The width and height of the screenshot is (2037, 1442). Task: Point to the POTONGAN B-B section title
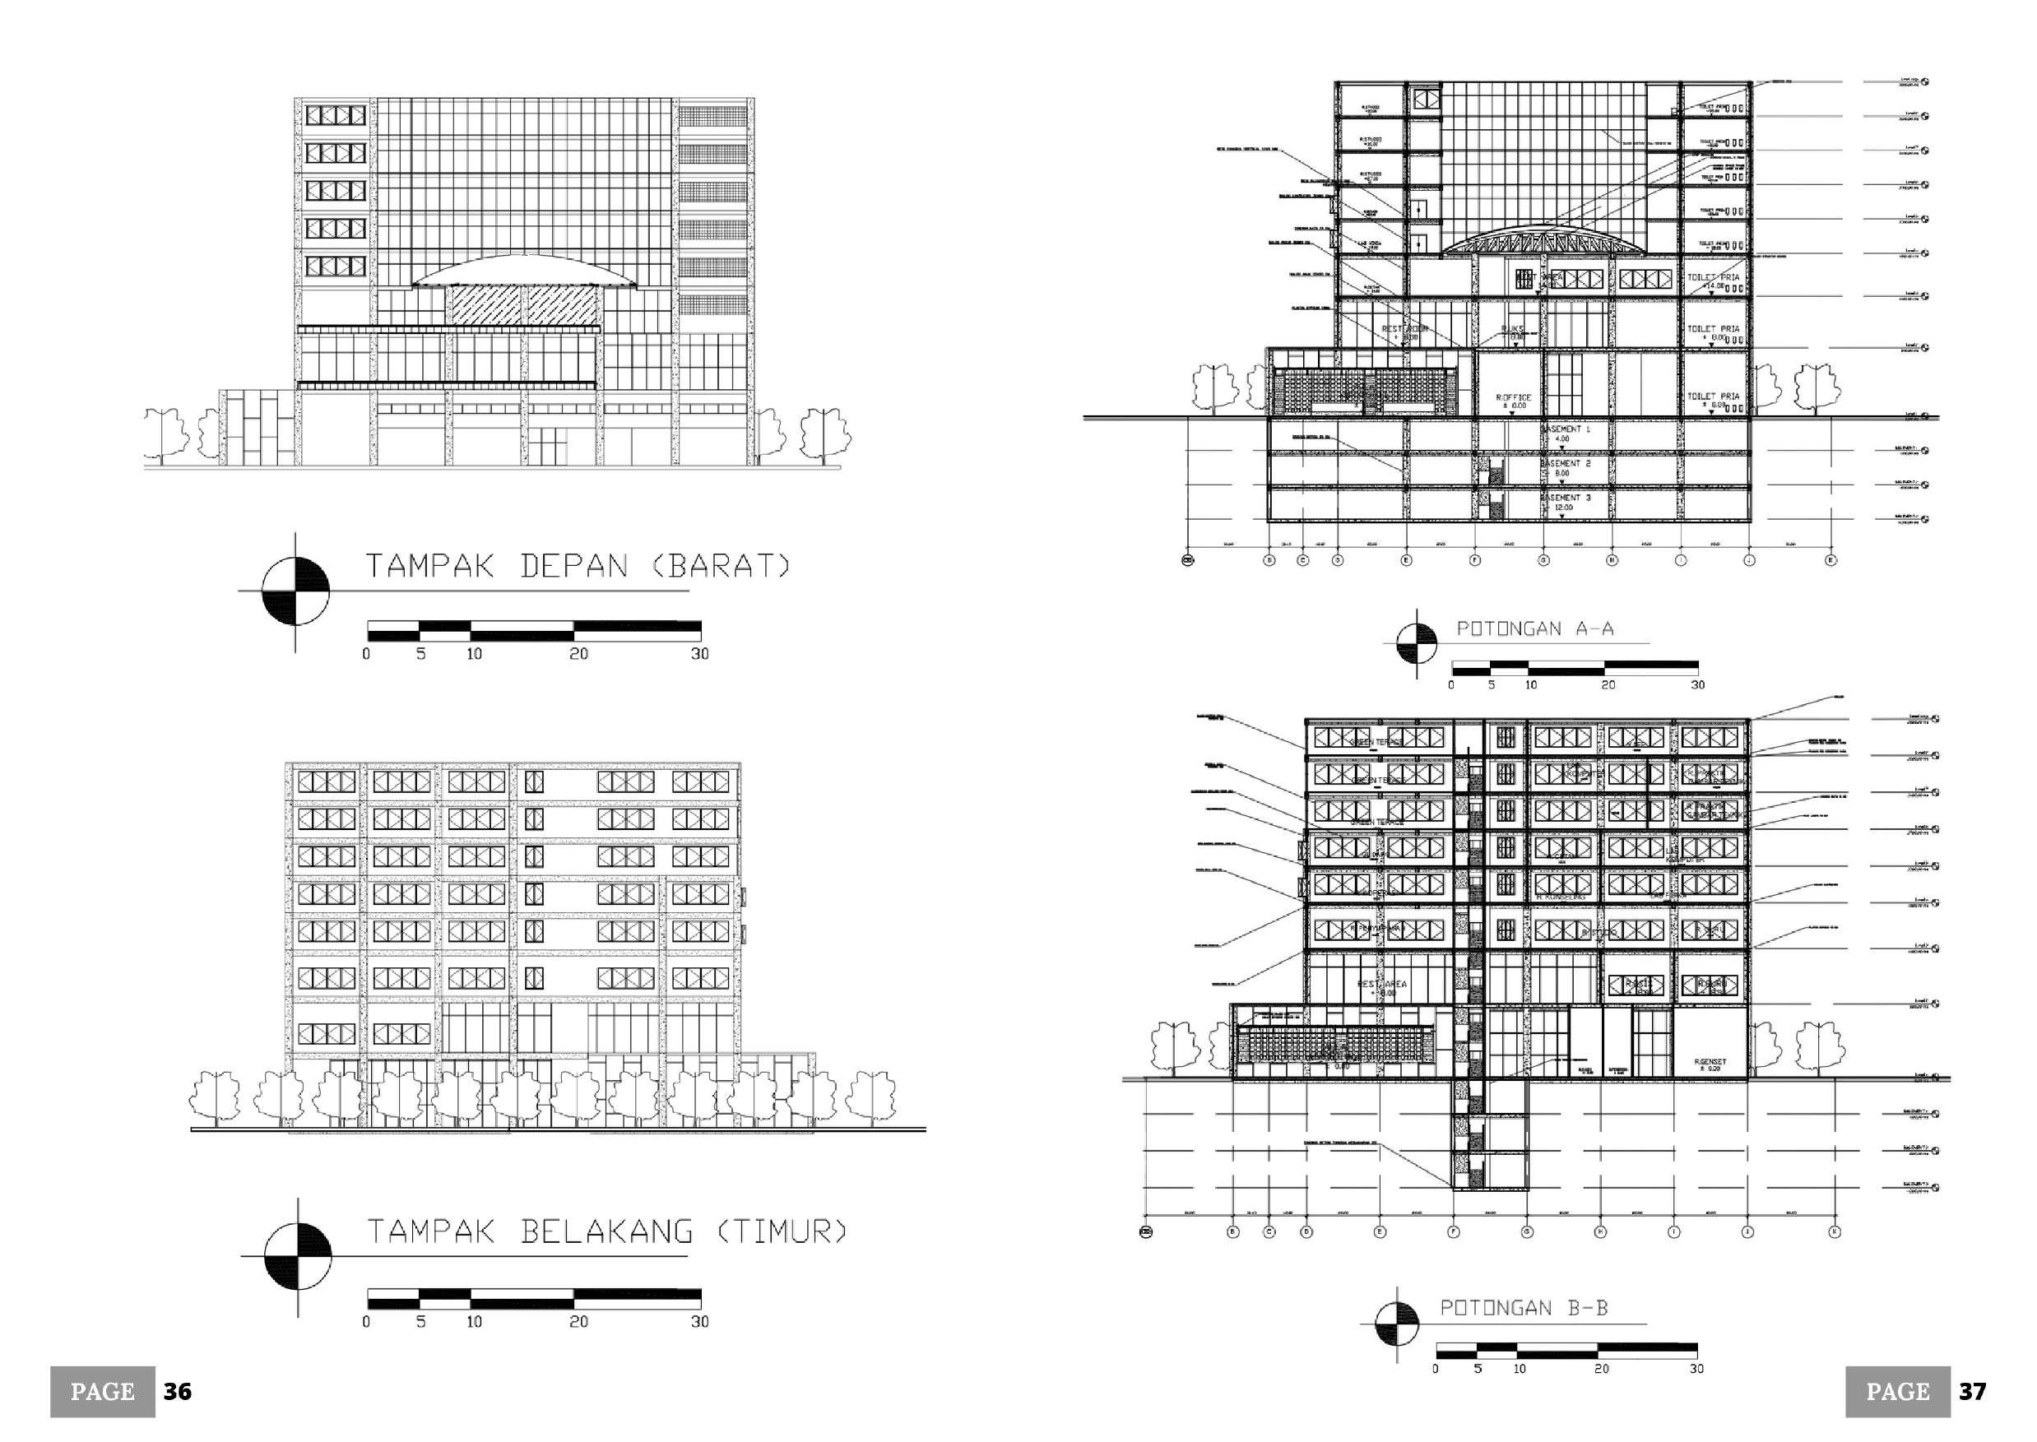click(x=1523, y=1307)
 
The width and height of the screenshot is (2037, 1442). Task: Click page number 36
click(x=178, y=1391)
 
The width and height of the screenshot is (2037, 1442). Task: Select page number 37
click(x=1972, y=1391)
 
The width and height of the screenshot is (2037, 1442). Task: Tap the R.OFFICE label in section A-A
click(x=1513, y=399)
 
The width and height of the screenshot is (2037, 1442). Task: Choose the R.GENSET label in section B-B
click(x=1710, y=1062)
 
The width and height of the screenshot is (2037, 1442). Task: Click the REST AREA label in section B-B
click(x=1381, y=985)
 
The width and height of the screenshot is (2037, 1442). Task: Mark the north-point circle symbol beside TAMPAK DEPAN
click(x=295, y=590)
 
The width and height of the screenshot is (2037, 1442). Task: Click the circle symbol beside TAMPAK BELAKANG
click(x=299, y=1255)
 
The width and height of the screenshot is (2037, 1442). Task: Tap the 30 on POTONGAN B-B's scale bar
click(x=1696, y=1369)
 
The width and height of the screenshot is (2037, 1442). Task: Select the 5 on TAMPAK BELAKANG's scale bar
click(x=421, y=1322)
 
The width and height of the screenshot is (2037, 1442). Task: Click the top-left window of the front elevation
click(x=336, y=115)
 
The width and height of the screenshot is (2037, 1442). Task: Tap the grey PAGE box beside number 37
click(x=1898, y=1391)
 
